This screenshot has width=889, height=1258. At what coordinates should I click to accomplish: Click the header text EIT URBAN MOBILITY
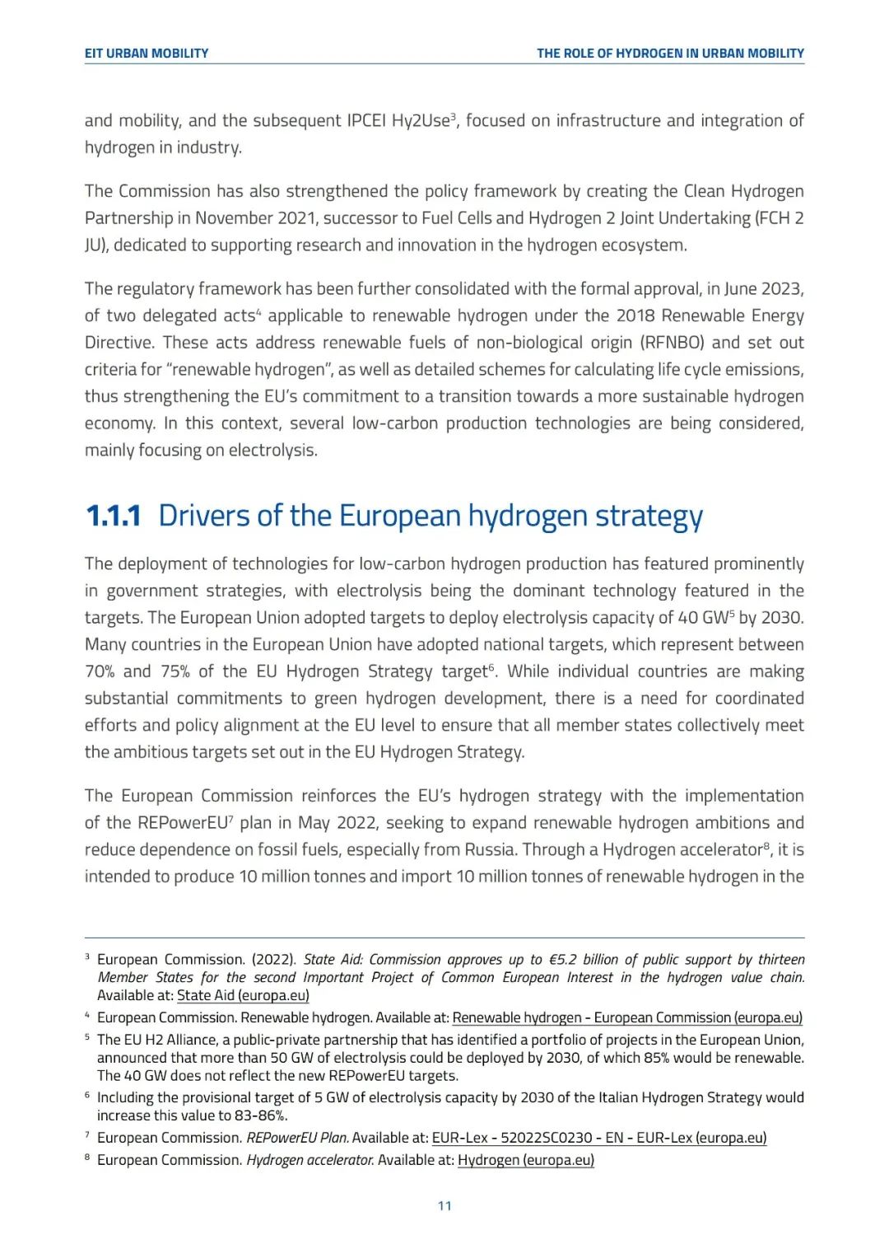(x=147, y=54)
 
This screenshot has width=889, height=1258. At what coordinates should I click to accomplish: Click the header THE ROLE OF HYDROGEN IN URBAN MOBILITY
(x=670, y=54)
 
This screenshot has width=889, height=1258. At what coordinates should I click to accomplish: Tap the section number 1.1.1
(x=114, y=517)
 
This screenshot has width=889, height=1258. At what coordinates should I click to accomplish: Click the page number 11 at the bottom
(x=444, y=1206)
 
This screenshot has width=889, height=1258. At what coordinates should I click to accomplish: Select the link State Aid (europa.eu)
(x=243, y=995)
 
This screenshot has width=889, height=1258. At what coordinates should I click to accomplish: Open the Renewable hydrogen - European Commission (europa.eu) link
(x=627, y=1017)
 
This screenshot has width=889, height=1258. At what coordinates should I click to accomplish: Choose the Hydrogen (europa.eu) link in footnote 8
(x=525, y=1160)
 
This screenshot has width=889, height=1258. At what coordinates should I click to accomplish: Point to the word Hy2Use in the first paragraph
(x=420, y=121)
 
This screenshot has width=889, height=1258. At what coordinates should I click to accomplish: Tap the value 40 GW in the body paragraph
(x=703, y=618)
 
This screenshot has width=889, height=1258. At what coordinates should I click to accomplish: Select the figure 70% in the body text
(x=100, y=671)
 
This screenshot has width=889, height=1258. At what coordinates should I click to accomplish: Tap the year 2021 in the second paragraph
(x=294, y=218)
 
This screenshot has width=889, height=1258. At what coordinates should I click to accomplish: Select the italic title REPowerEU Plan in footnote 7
(x=297, y=1138)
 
